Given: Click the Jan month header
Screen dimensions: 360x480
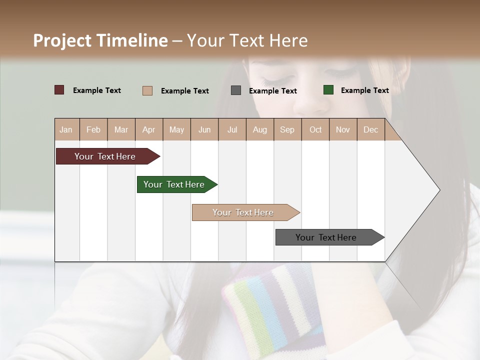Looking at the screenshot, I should tap(66, 130).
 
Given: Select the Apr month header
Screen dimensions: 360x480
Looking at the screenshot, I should tap(149, 130).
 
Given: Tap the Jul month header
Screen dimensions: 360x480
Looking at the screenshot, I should tap(232, 130).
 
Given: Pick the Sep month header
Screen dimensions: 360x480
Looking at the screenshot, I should tap(287, 130).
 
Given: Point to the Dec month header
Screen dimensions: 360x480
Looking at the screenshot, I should tap(370, 130).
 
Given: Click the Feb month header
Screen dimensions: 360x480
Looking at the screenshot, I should tap(93, 130).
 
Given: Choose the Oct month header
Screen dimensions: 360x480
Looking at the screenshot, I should tap(315, 130).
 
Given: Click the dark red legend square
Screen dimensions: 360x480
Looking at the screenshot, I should tap(59, 90).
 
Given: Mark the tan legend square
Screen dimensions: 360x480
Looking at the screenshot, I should tap(147, 90).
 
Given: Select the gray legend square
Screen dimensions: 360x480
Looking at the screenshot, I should tap(236, 90).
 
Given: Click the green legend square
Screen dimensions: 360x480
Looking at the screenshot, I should tap(328, 90).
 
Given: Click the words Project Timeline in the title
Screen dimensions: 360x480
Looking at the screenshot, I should tap(100, 40).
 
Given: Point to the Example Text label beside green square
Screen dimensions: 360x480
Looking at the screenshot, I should tap(364, 90).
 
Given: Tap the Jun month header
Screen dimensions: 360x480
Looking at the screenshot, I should tap(204, 130).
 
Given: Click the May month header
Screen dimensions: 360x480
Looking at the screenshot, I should tap(176, 130).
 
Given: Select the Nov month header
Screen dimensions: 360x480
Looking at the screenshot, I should tap(343, 130).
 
